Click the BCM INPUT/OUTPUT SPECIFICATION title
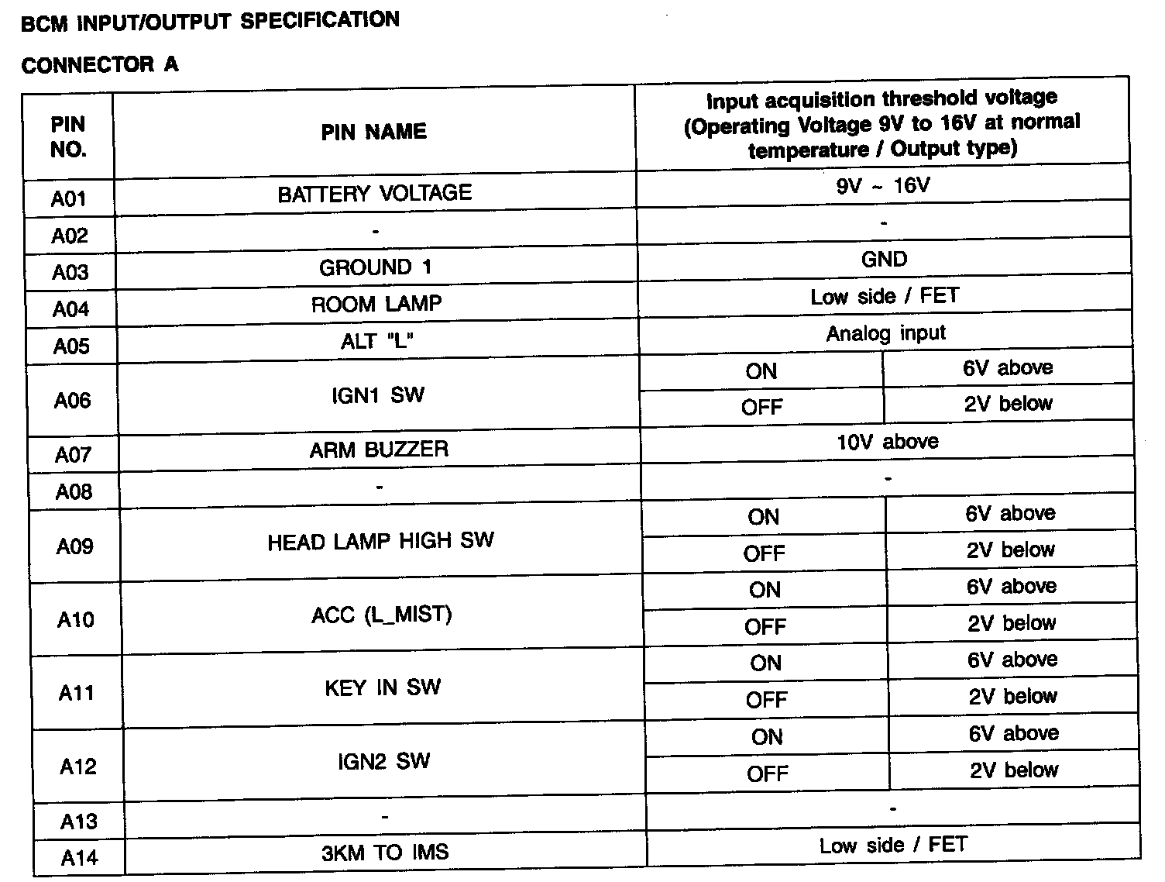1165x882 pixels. pyautogui.click(x=210, y=21)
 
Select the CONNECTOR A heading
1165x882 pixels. pyautogui.click(x=100, y=65)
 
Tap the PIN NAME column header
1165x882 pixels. pyautogui.click(x=374, y=132)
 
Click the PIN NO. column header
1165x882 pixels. pyautogui.click(x=68, y=137)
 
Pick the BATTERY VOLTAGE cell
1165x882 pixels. pyautogui.click(x=375, y=193)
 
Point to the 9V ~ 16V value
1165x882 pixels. pyautogui.click(x=883, y=186)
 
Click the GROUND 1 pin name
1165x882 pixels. pyautogui.click(x=376, y=267)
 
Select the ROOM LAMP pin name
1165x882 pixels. pyautogui.click(x=376, y=304)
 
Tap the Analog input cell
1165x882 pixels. pyautogui.click(x=885, y=333)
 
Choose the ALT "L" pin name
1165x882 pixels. pyautogui.click(x=376, y=341)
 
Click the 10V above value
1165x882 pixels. pyautogui.click(x=887, y=442)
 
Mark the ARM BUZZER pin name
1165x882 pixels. pyautogui.click(x=379, y=450)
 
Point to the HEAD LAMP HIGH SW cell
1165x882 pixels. pyautogui.click(x=380, y=541)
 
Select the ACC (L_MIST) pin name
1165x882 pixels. pyautogui.click(x=381, y=615)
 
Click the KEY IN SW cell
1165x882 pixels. pyautogui.click(x=383, y=687)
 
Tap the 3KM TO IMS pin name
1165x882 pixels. pyautogui.click(x=385, y=853)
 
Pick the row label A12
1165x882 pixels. pyautogui.click(x=77, y=767)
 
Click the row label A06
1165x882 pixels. pyautogui.click(x=72, y=400)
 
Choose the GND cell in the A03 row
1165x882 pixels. pyautogui.click(x=884, y=260)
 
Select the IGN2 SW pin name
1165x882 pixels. pyautogui.click(x=383, y=761)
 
